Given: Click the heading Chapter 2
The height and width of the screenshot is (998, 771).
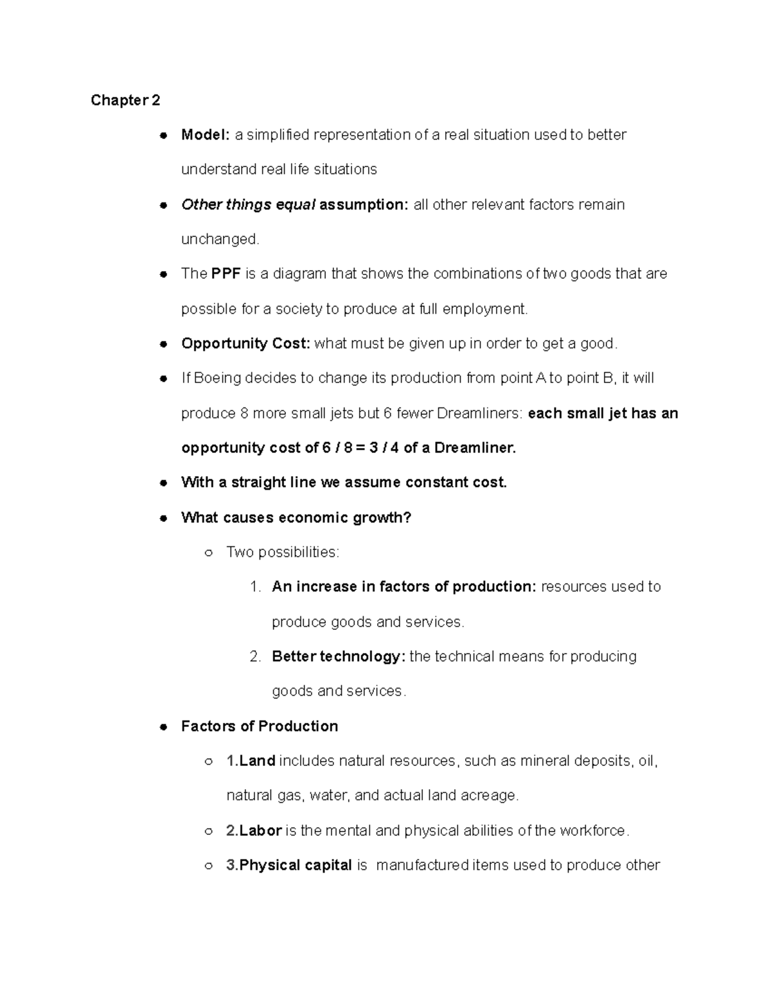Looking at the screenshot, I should tap(125, 100).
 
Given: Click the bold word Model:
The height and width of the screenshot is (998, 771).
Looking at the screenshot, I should tap(205, 135).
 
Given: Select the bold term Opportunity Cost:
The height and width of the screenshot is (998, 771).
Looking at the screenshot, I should tap(245, 343).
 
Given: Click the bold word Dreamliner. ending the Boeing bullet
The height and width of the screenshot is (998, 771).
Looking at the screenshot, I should tap(475, 448).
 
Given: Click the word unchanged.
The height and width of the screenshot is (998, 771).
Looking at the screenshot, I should tap(220, 240).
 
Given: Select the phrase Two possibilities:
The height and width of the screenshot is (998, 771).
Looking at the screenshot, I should tap(283, 552).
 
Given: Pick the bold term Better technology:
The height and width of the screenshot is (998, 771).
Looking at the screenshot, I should tap(339, 657).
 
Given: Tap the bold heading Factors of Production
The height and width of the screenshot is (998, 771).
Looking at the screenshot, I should tap(260, 726).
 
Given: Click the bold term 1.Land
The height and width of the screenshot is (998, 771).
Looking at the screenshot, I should tap(251, 761).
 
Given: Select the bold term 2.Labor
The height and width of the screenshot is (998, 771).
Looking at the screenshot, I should tap(254, 831).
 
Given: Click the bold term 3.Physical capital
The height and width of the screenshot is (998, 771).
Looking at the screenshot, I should tap(289, 866).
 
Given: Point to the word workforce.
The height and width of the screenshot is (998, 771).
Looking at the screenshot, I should tap(594, 831).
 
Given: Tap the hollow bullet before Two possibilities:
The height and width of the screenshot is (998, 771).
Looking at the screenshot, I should tap(208, 553).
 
